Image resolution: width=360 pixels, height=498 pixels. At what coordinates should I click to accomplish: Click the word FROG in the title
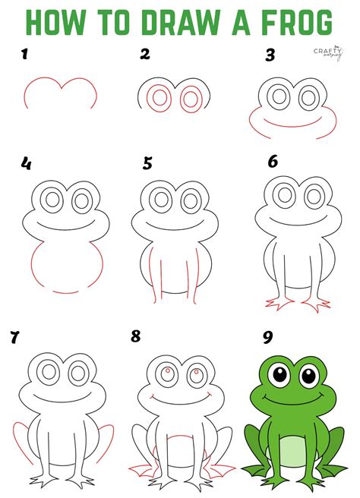[298, 22]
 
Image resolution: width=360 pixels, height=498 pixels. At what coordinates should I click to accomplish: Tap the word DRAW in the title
[180, 22]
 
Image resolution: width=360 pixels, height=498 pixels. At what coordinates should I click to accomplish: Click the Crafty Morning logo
[328, 52]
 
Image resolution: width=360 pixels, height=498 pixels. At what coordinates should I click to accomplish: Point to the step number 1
[24, 54]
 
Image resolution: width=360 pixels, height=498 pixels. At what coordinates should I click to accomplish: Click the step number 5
[147, 163]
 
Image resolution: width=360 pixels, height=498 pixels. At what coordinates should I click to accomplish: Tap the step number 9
[268, 337]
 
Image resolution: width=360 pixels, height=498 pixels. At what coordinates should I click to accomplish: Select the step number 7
[14, 337]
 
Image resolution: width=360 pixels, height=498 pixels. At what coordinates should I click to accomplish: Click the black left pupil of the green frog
[280, 375]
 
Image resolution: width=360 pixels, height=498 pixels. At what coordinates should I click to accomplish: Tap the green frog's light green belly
[293, 451]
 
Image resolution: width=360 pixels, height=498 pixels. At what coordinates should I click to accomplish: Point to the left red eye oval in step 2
[159, 97]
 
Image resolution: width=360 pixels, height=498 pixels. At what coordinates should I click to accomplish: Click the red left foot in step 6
[279, 304]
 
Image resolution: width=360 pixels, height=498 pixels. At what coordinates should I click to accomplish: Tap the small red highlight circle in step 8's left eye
[167, 370]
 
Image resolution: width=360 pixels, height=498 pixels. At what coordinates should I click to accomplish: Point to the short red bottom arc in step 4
[66, 292]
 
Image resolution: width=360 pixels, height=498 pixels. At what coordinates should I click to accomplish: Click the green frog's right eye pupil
[308, 376]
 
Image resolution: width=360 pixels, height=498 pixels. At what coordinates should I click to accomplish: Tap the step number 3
[270, 55]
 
